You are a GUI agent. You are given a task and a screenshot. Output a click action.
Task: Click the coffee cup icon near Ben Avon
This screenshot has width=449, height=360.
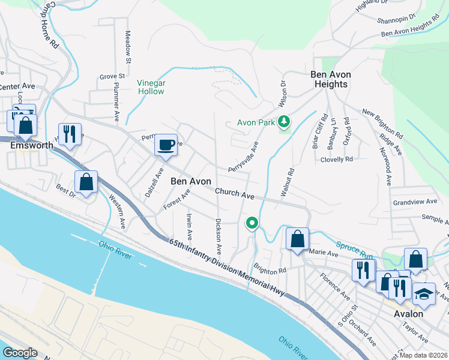pos(166,145)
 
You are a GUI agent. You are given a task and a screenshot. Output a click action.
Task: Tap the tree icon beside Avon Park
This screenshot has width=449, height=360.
pos(284,122)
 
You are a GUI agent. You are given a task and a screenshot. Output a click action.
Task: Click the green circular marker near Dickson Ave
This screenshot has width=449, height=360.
pos(252,223)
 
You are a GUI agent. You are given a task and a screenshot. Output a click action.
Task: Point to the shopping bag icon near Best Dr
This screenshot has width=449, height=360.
pos(86,182)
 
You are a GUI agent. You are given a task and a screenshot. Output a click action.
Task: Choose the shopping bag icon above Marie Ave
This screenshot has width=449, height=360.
pos(297,239)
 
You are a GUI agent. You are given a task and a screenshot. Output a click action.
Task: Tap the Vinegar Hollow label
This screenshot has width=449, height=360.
pos(151,87)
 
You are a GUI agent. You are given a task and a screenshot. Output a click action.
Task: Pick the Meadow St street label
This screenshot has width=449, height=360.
pos(128,47)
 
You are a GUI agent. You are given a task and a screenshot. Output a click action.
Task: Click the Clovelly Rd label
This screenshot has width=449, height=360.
pos(337,160)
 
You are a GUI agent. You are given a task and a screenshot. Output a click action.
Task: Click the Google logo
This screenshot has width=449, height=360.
pos(20,352)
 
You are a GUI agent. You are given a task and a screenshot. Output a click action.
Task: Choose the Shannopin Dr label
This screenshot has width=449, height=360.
pos(396,19)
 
